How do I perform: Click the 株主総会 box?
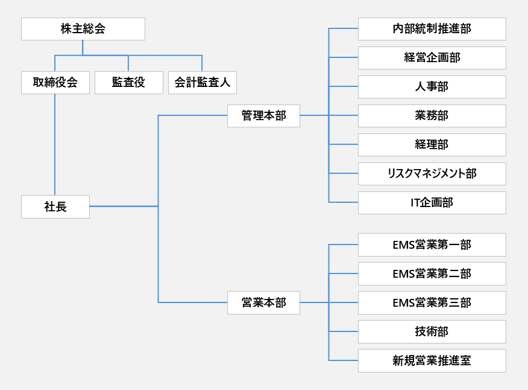[83, 29]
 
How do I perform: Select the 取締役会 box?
[55, 83]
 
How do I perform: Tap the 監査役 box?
[128, 83]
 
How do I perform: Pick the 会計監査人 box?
[202, 83]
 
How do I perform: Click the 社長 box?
[55, 206]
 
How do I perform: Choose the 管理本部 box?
[263, 115]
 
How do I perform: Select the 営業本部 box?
[263, 302]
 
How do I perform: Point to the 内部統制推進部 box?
[432, 29]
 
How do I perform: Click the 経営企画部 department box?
[432, 58]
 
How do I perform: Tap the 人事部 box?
[432, 87]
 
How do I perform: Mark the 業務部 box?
[432, 116]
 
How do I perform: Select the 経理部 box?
[432, 145]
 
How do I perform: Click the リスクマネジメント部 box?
[432, 174]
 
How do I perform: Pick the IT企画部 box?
[432, 203]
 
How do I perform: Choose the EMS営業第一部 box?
[432, 245]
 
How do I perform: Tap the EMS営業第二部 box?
[432, 273]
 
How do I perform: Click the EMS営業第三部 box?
[432, 302]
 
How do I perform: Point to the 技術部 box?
[432, 331]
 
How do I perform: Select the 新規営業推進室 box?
[432, 360]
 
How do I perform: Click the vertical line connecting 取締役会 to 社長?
[55, 145]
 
